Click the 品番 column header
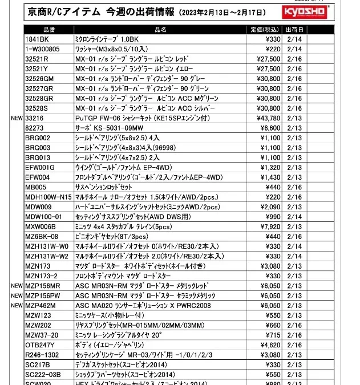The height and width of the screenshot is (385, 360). point(48,29)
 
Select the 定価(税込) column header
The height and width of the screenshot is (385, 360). point(264,29)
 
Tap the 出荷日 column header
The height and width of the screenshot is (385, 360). point(294,29)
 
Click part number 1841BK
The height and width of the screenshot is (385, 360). point(37,39)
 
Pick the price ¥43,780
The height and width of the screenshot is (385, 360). point(266,118)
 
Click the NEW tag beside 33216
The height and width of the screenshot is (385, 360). point(16,118)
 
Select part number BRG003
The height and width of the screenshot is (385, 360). point(38,147)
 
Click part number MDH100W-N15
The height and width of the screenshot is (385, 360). point(48,197)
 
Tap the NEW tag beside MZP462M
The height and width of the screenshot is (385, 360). point(16,305)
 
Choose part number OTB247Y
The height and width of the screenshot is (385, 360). point(40,345)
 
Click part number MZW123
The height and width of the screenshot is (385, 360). point(38,315)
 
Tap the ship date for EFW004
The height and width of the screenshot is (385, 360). point(294,177)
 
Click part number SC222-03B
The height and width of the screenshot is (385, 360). point(43,374)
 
